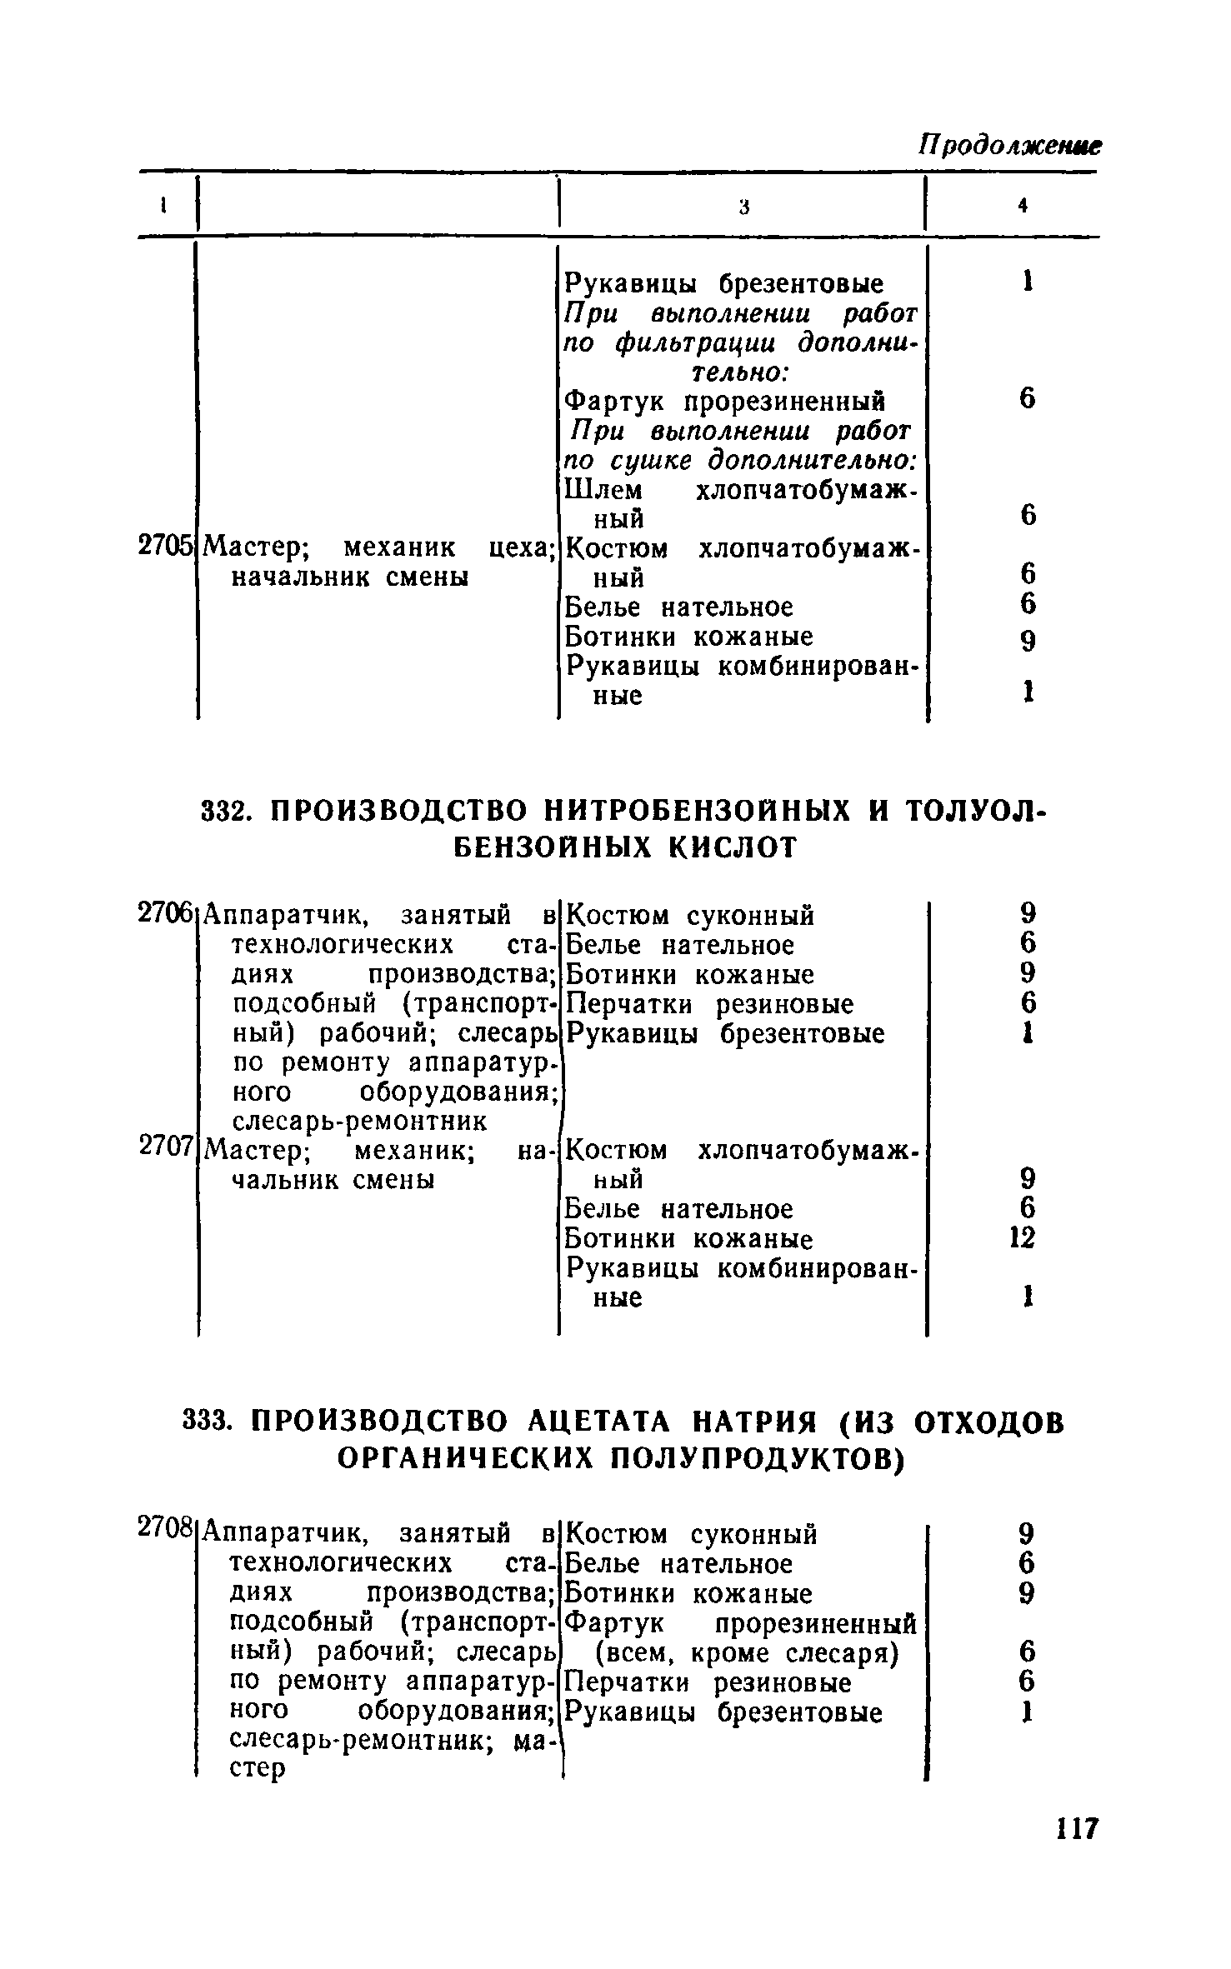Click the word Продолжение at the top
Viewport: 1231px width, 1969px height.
click(1009, 145)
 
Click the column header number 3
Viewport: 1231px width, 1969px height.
click(744, 207)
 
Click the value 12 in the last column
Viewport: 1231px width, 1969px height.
click(1022, 1237)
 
